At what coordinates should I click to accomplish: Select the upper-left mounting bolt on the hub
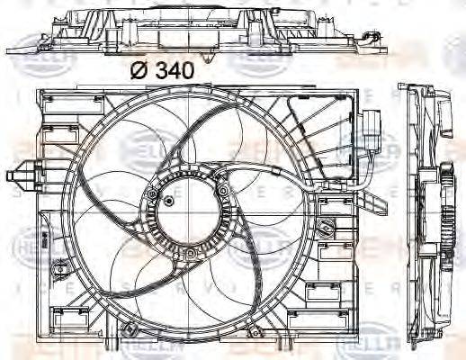click(x=154, y=195)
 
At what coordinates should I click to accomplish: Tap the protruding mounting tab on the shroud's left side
click(x=20, y=173)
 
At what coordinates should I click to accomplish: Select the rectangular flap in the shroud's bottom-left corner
click(x=63, y=316)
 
